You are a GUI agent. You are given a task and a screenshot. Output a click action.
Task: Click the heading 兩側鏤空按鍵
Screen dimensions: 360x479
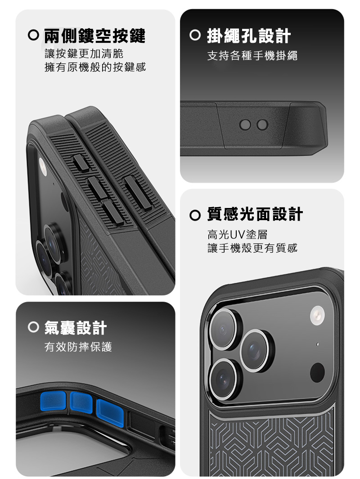95,36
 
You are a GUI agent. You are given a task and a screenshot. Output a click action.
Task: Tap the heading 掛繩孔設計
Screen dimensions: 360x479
249,36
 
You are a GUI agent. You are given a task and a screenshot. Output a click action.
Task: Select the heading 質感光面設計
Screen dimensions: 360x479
255,214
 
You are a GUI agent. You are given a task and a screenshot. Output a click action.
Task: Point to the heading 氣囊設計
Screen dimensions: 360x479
76,328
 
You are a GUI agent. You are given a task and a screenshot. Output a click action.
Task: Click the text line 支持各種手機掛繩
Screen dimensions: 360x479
252,56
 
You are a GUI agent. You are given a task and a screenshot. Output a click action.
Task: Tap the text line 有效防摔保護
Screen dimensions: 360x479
78,347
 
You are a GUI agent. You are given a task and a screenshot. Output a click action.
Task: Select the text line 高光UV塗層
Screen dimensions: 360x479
237,235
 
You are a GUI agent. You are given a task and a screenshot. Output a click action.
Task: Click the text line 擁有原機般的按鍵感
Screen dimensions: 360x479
95,67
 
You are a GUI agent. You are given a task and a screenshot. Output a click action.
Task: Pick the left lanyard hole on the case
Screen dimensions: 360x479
245,125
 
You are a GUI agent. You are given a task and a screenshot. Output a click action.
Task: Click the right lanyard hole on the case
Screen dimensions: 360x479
263,125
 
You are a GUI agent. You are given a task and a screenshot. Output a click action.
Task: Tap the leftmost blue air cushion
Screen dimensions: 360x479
54,402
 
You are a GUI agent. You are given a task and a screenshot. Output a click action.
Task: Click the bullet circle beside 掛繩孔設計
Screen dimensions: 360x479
195,36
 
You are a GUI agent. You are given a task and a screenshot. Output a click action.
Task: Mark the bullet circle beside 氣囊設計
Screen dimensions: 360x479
33,327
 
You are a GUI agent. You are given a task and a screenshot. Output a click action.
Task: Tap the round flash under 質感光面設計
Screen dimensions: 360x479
318,315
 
